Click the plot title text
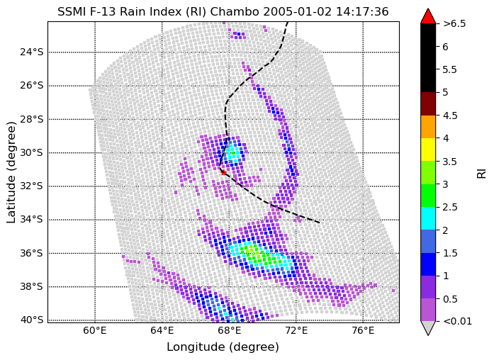pos(223,11)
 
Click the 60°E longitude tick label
pos(95,332)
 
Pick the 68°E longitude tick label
pos(229,332)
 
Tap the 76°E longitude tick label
pos(363,332)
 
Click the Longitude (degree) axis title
pos(223,347)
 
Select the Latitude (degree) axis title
pos(11,171)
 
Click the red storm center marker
pos(223,172)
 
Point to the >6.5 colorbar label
pos(454,23)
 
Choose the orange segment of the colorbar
pos(428,127)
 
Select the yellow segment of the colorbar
pos(428,150)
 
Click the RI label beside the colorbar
pos(482,172)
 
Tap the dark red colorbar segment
pos(428,103)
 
